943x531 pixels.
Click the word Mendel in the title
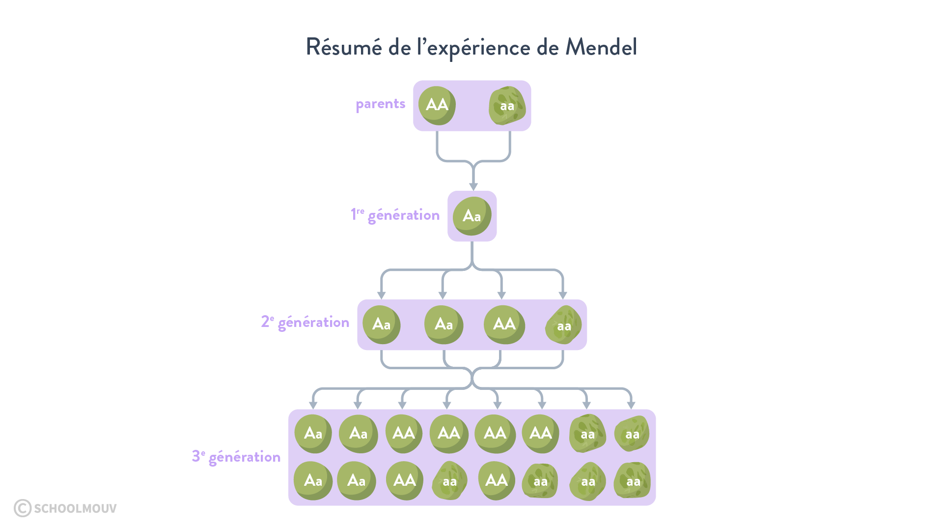click(x=601, y=47)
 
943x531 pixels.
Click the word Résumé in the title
click(x=343, y=47)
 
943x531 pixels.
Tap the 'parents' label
click(x=380, y=104)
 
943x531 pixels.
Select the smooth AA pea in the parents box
click(x=437, y=105)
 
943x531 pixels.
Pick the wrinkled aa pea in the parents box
click(x=507, y=106)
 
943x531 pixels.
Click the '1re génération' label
click(x=395, y=215)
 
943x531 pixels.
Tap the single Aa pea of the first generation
click(x=471, y=216)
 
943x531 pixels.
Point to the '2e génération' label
click(x=305, y=322)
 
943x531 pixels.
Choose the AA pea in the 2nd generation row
click(x=504, y=324)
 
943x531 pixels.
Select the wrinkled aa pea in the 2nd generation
click(x=563, y=325)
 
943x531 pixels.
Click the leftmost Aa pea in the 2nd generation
click(x=381, y=324)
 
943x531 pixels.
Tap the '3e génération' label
click(x=236, y=457)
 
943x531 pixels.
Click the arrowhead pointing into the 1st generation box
click(x=473, y=187)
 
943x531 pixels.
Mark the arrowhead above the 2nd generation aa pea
click(x=563, y=295)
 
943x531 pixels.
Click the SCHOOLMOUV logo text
click(x=75, y=508)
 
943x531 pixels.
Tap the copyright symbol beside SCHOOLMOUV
click(x=23, y=508)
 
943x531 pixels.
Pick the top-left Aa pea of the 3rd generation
click(x=313, y=434)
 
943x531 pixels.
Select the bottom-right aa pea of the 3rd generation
click(x=633, y=481)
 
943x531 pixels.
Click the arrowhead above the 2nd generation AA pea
click(x=501, y=295)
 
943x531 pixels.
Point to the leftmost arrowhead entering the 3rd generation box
click(x=313, y=405)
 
